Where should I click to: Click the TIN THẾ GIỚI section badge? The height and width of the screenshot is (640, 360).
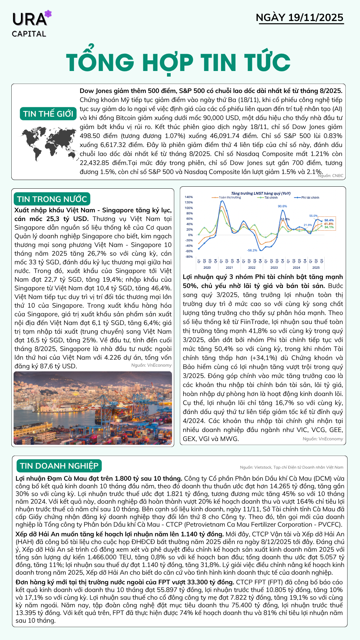pos(48,114)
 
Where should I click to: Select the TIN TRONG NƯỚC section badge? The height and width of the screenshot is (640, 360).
pos(52,199)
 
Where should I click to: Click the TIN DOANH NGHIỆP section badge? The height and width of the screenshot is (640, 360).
pos(59,466)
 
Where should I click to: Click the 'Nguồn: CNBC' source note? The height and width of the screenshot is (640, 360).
pos(331,176)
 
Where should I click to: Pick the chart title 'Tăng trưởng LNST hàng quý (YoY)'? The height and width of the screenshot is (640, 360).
pos(261,193)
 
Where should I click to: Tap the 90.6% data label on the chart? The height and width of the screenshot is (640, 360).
pos(282,206)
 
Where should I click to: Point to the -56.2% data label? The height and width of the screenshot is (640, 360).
pos(252,250)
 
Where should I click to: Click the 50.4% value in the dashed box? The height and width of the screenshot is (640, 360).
pos(329,220)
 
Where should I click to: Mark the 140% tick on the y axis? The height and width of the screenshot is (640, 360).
pos(189,197)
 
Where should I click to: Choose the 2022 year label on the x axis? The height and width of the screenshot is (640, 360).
pos(252,267)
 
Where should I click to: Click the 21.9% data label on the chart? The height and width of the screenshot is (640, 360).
pos(308,225)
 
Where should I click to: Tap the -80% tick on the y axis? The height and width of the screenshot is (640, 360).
pos(189,257)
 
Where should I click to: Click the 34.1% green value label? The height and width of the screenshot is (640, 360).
pos(329,227)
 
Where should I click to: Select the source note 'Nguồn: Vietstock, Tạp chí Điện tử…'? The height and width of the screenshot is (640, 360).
pos(291,467)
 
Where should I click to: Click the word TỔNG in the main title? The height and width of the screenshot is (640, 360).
pos(100,63)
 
